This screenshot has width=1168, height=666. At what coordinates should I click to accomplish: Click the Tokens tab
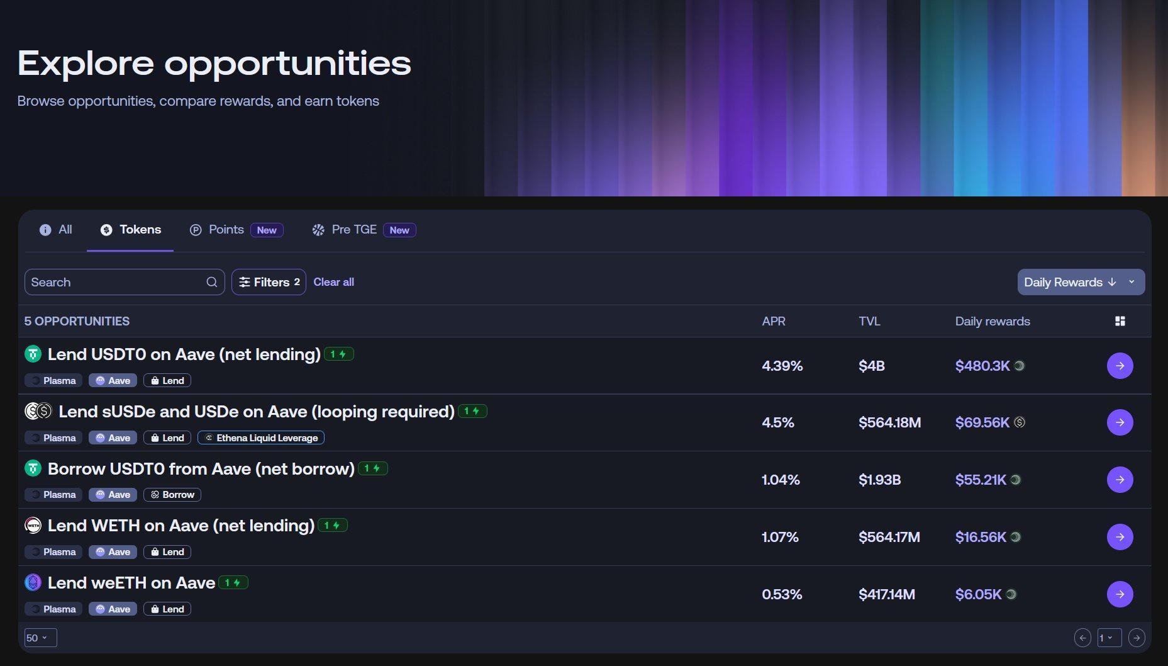(131, 230)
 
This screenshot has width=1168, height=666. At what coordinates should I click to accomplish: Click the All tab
(56, 230)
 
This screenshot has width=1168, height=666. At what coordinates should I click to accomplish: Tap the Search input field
(116, 282)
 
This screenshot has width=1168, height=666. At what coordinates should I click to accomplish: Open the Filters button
(269, 282)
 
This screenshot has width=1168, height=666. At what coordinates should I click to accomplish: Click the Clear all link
(333, 282)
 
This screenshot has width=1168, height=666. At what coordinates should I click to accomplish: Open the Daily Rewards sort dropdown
(1081, 282)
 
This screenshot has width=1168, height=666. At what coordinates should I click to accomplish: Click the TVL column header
(869, 321)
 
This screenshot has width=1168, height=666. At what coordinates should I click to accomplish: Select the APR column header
(774, 321)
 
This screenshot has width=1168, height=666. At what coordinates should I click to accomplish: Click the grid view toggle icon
(1120, 321)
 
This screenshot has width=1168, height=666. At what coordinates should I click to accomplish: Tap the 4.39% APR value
(782, 366)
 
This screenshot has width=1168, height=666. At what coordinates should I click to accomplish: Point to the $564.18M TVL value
(889, 422)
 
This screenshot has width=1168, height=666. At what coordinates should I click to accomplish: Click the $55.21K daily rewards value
(981, 480)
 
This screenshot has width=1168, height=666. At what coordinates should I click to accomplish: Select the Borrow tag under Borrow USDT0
(172, 495)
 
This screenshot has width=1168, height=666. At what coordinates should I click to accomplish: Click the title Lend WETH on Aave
(181, 526)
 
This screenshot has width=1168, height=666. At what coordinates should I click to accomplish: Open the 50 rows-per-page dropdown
(40, 638)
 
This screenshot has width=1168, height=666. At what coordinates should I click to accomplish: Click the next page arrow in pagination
(1136, 638)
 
